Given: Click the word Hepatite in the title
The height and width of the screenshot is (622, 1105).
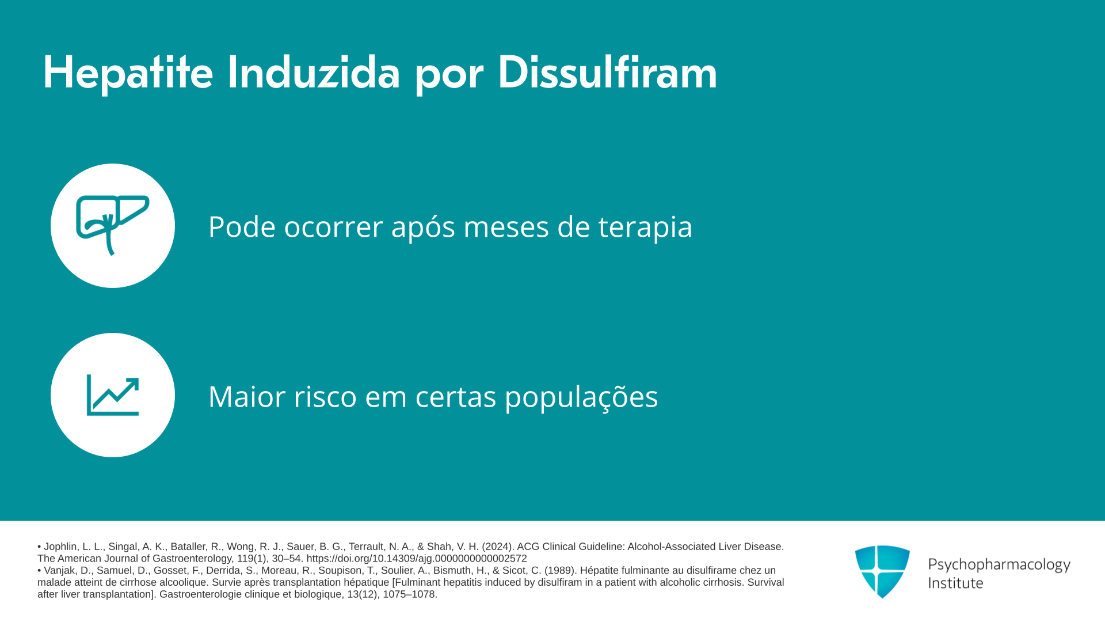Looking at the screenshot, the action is pos(128,73).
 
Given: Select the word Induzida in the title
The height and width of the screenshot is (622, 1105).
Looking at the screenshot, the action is pos(314,72).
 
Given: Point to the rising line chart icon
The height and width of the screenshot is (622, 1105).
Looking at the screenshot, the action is pos(113,395).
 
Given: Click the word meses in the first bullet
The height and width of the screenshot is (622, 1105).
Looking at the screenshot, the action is pos(506,226).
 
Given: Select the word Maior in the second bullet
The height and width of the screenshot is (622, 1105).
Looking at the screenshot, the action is pos(246,396).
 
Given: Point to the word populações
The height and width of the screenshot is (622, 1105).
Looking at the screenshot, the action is pos(581,397).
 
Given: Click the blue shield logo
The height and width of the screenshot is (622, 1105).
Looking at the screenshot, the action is pos(882,571).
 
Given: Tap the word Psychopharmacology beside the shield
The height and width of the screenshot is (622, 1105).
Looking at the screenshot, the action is pos(999,564).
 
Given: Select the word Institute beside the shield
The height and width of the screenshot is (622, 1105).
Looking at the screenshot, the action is pos(955,583).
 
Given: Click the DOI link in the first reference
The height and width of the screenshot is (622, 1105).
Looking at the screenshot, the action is pos(417,559).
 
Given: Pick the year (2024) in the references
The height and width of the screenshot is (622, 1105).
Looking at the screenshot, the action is pos(498,547).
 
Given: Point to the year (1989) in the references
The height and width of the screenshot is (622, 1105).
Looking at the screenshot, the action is pos(561,571).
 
